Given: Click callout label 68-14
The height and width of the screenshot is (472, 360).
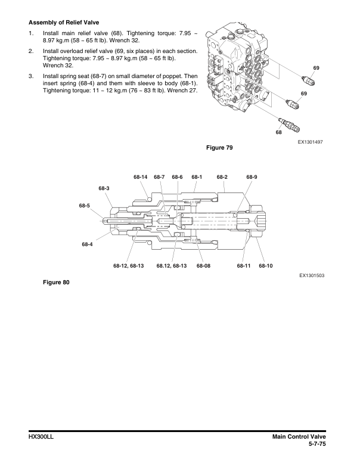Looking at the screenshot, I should coord(141,177).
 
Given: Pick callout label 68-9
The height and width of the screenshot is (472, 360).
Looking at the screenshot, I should coord(252,177).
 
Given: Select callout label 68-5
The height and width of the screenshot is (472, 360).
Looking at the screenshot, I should coord(84,206).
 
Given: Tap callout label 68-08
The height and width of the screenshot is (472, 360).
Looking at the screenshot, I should coord(203,265).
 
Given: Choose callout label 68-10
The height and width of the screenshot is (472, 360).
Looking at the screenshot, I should coord(266,265).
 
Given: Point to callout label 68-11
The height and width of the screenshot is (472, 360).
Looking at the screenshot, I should coord(243,265).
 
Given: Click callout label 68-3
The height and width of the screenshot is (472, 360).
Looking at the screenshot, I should coord(104,188).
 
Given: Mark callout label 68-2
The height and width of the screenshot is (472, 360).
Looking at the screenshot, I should coord(222,177).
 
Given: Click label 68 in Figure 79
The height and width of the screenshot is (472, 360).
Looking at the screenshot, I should coord(278,132).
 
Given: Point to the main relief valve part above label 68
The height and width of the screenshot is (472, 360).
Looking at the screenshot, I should coord(290,125).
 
